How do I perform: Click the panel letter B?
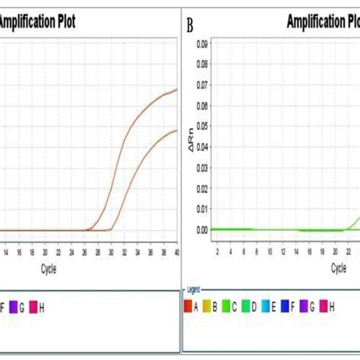[189, 27]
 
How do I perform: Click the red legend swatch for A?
[188, 306]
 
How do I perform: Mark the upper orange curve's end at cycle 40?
[177, 89]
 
